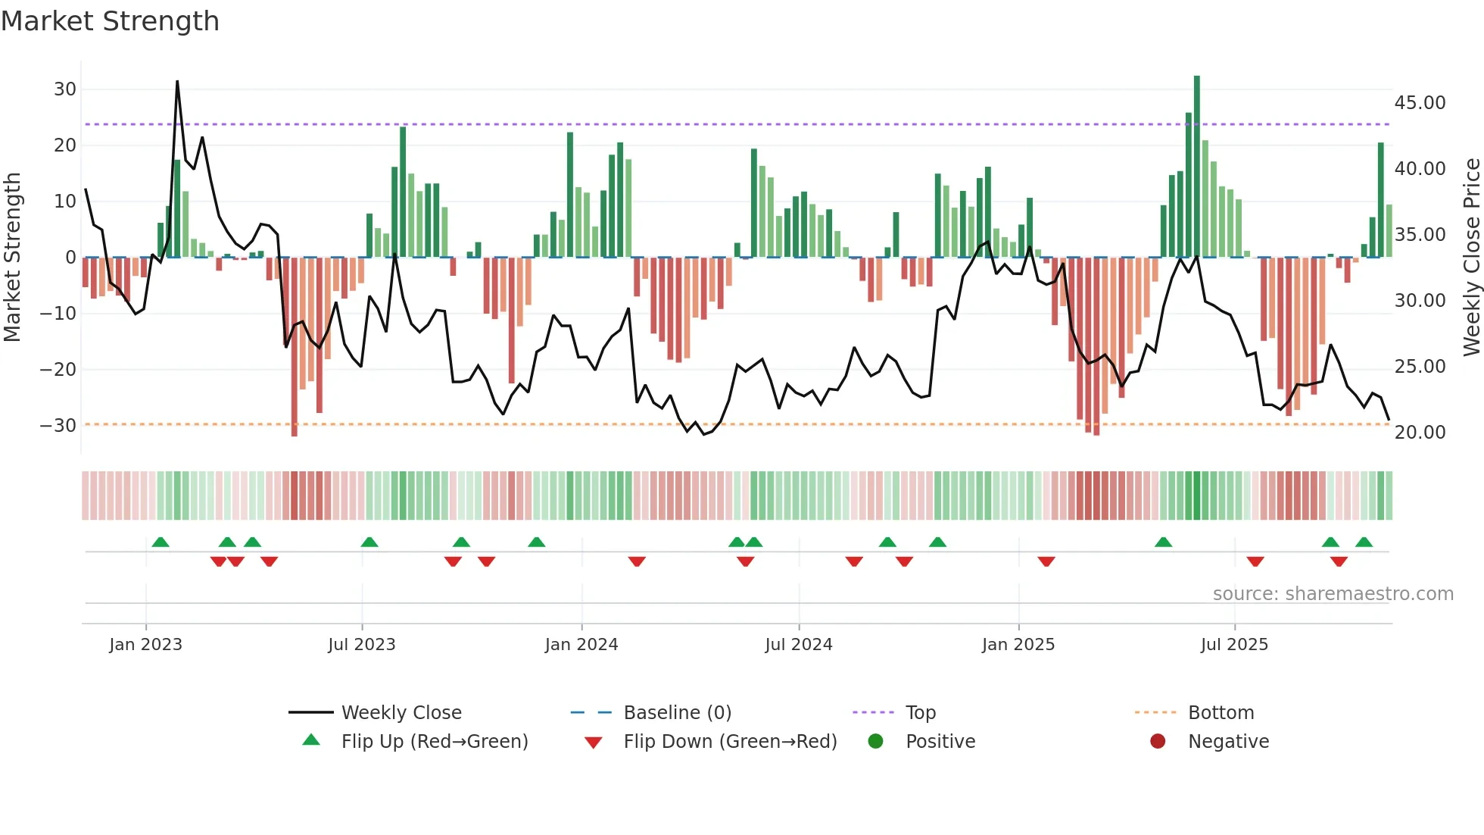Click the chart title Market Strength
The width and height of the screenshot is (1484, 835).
(110, 21)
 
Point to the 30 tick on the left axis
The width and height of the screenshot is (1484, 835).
(65, 89)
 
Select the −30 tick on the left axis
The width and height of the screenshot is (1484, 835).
(58, 425)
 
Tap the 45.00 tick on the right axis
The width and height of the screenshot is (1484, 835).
(1420, 103)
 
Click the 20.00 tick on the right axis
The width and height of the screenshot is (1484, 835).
(1420, 433)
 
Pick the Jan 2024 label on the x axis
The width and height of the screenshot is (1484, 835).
(581, 645)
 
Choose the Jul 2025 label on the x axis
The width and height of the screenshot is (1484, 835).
(1233, 645)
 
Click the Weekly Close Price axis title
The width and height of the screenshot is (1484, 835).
(1471, 257)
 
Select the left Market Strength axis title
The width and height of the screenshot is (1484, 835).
(13, 257)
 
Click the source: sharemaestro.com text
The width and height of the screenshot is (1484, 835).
(1333, 594)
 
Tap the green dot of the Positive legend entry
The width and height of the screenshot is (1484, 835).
(875, 742)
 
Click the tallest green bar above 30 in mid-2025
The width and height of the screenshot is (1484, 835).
(1196, 167)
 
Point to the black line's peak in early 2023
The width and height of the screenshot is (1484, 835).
(177, 82)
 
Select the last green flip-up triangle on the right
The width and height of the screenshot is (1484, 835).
(1364, 543)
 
